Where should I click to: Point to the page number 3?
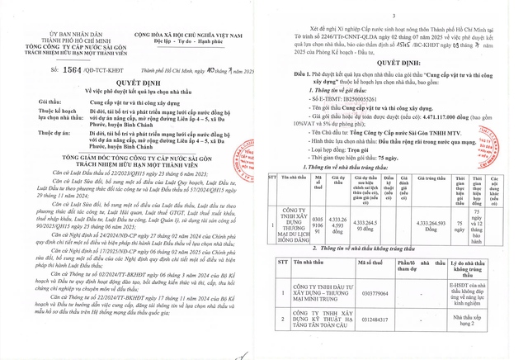[394, 15]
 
